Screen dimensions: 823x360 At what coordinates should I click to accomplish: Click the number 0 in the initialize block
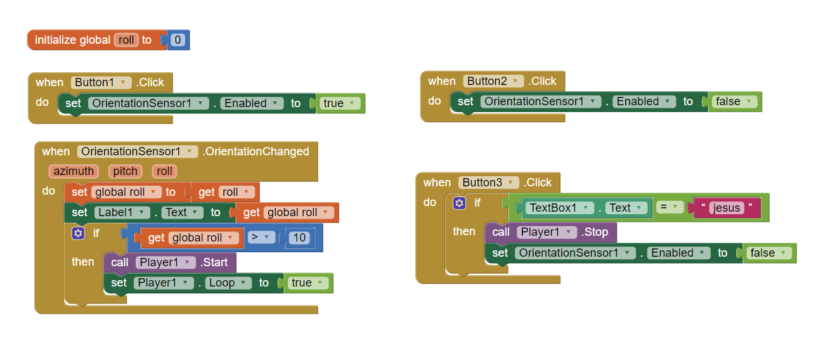coord(178,40)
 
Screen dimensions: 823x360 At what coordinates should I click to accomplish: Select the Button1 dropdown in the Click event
coord(101,82)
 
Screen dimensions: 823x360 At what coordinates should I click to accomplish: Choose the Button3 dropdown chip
coord(489,182)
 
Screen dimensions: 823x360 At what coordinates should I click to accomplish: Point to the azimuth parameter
coord(74,171)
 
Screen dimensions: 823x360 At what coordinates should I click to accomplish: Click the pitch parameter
coord(126,171)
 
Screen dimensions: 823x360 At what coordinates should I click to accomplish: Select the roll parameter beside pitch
coord(164,171)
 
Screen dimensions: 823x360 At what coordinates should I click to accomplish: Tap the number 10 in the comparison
coord(299,238)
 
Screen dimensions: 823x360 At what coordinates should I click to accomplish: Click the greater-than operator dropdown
coord(261,237)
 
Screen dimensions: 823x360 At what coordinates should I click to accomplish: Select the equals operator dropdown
coord(670,207)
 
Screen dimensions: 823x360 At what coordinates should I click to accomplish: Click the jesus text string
coord(727,207)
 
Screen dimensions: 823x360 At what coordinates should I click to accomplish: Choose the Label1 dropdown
coord(122,212)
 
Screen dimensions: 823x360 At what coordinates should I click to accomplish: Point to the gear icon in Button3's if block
coord(459,203)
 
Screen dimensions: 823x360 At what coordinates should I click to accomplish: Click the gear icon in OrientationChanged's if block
coord(78,233)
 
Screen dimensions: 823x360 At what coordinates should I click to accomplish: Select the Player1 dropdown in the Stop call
coord(547,232)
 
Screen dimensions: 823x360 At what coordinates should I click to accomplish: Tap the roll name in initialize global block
coord(126,40)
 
